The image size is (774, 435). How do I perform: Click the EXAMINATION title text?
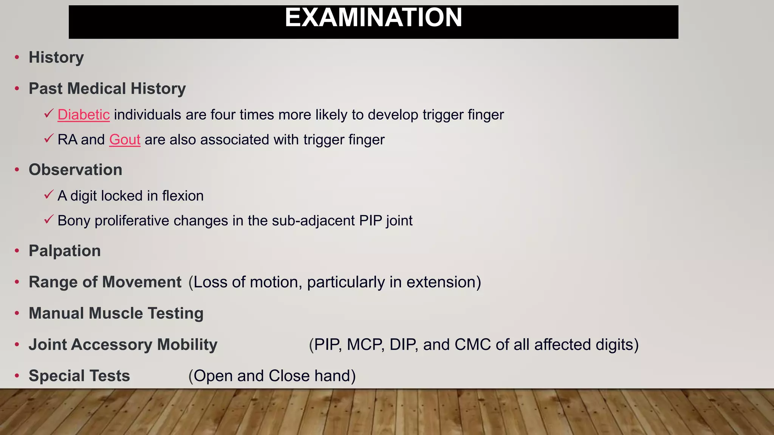(x=373, y=18)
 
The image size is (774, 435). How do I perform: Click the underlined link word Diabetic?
(x=84, y=115)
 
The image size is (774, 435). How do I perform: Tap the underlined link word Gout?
(x=125, y=140)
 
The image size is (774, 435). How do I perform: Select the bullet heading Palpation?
(x=65, y=251)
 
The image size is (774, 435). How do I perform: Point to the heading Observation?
(x=75, y=170)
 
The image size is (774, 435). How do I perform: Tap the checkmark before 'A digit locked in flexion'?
(x=48, y=195)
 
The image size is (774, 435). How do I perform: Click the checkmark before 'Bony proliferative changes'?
(x=48, y=220)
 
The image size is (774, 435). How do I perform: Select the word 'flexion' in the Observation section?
(x=183, y=196)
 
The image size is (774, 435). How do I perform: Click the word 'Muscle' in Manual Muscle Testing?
(x=116, y=313)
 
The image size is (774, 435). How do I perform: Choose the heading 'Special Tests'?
(x=79, y=376)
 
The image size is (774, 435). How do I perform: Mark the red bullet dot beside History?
(x=17, y=57)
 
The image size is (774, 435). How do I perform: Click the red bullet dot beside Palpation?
(x=17, y=251)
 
